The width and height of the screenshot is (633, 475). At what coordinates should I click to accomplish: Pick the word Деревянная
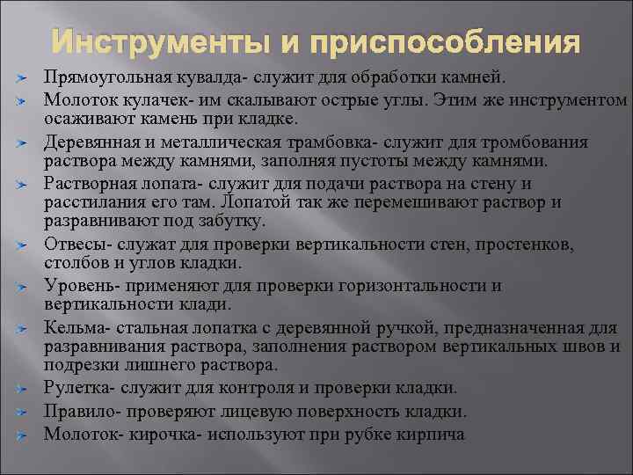coord(88,142)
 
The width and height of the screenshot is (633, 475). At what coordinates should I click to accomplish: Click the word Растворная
coord(87,184)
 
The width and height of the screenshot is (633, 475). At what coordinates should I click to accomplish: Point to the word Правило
coord(76,411)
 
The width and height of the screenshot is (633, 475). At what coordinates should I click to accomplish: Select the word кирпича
coord(431,434)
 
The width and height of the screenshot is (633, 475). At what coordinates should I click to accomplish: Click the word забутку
coord(198,222)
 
